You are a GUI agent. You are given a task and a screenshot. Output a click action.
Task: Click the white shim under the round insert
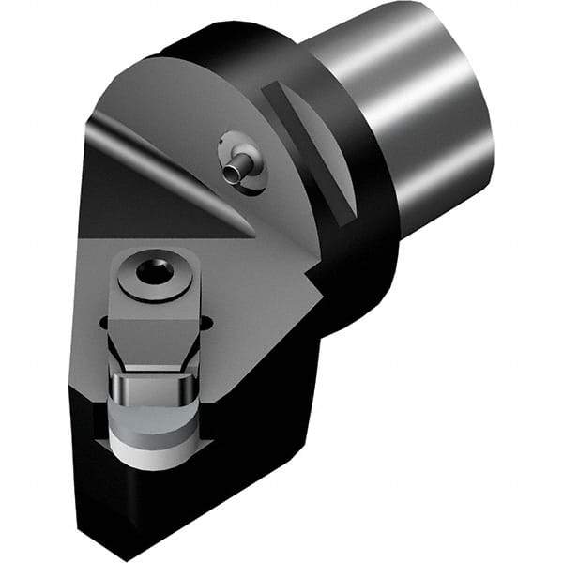coord(150,447)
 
